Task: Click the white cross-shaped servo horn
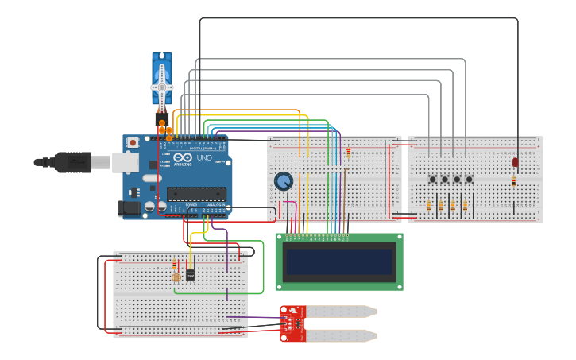162,87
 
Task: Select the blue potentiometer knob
283,181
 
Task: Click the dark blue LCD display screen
339,261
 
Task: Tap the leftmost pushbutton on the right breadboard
433,180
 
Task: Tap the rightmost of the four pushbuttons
469,180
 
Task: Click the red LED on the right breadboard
515,162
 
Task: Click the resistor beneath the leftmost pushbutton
429,206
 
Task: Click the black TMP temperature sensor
191,274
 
